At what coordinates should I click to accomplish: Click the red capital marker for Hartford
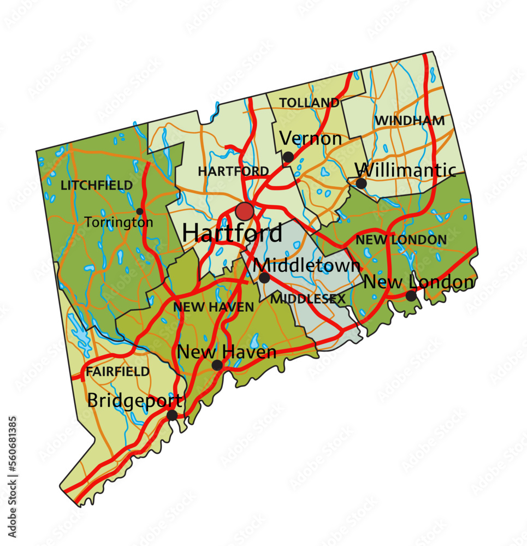click(244, 211)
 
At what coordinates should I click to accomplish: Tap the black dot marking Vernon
click(288, 157)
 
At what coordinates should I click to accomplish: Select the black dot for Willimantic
click(361, 183)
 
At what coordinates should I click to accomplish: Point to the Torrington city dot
click(140, 211)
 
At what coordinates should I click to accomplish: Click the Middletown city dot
click(264, 278)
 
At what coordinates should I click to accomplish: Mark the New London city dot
click(411, 296)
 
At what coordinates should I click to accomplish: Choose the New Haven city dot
click(217, 365)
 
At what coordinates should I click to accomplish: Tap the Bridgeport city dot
click(172, 416)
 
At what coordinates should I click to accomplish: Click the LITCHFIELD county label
click(97, 186)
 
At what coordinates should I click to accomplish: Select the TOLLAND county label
click(309, 103)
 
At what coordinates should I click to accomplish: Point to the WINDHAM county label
click(410, 121)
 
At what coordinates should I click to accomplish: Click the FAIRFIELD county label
click(117, 372)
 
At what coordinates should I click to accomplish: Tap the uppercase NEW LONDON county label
click(401, 240)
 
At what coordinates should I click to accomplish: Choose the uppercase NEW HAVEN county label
click(214, 307)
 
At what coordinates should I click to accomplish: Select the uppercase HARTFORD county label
click(233, 171)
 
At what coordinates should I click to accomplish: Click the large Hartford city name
click(232, 234)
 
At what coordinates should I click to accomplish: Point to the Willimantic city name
click(408, 170)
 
